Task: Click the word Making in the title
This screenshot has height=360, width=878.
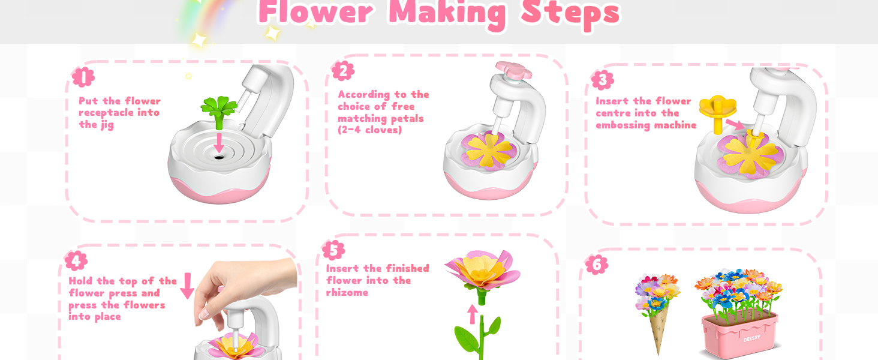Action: pos(447,14)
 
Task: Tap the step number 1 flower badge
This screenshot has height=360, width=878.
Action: pos(83,77)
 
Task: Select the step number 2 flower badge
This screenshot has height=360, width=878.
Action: pos(343,71)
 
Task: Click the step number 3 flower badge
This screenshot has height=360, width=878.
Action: pos(603,80)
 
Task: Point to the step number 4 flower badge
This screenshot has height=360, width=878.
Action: pos(76,261)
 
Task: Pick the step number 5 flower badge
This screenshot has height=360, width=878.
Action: pos(333,250)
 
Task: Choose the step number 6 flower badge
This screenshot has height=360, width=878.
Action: pos(597,265)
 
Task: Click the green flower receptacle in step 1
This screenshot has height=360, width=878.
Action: pos(219,112)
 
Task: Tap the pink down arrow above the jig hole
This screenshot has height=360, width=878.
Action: pos(219,143)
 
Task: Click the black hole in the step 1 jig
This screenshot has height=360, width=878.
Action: pos(219,157)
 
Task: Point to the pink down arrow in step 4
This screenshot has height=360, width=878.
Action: pos(187,286)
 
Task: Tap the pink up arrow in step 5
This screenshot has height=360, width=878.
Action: pos(473,314)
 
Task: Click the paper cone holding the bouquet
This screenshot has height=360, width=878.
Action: pos(658,329)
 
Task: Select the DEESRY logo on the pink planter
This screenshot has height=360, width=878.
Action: pos(752,338)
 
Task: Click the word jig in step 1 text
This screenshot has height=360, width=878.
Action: pos(107,125)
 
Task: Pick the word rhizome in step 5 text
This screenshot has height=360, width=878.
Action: pos(347,293)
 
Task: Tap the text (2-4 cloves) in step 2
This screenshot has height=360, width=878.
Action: pos(369,130)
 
